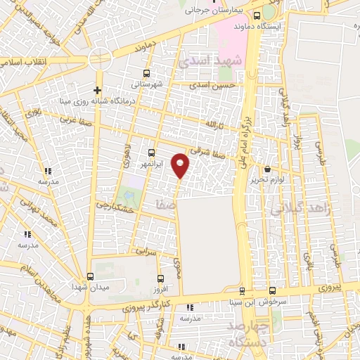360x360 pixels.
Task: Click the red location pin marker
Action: (181, 165)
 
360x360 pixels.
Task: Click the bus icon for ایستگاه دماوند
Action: (257, 16)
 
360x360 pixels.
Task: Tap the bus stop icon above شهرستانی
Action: (146, 73)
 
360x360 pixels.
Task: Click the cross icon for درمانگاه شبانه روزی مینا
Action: (97, 90)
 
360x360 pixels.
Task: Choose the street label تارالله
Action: (213, 125)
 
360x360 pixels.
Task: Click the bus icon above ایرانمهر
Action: (152, 153)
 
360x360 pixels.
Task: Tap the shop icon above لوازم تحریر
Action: (267, 169)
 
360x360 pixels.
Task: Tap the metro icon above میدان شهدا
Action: (90, 276)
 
